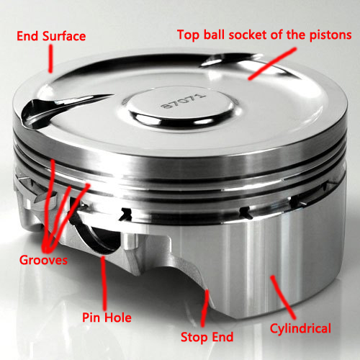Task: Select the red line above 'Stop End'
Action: pyautogui.click(x=207, y=306)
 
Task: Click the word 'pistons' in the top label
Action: pyautogui.click(x=328, y=34)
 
